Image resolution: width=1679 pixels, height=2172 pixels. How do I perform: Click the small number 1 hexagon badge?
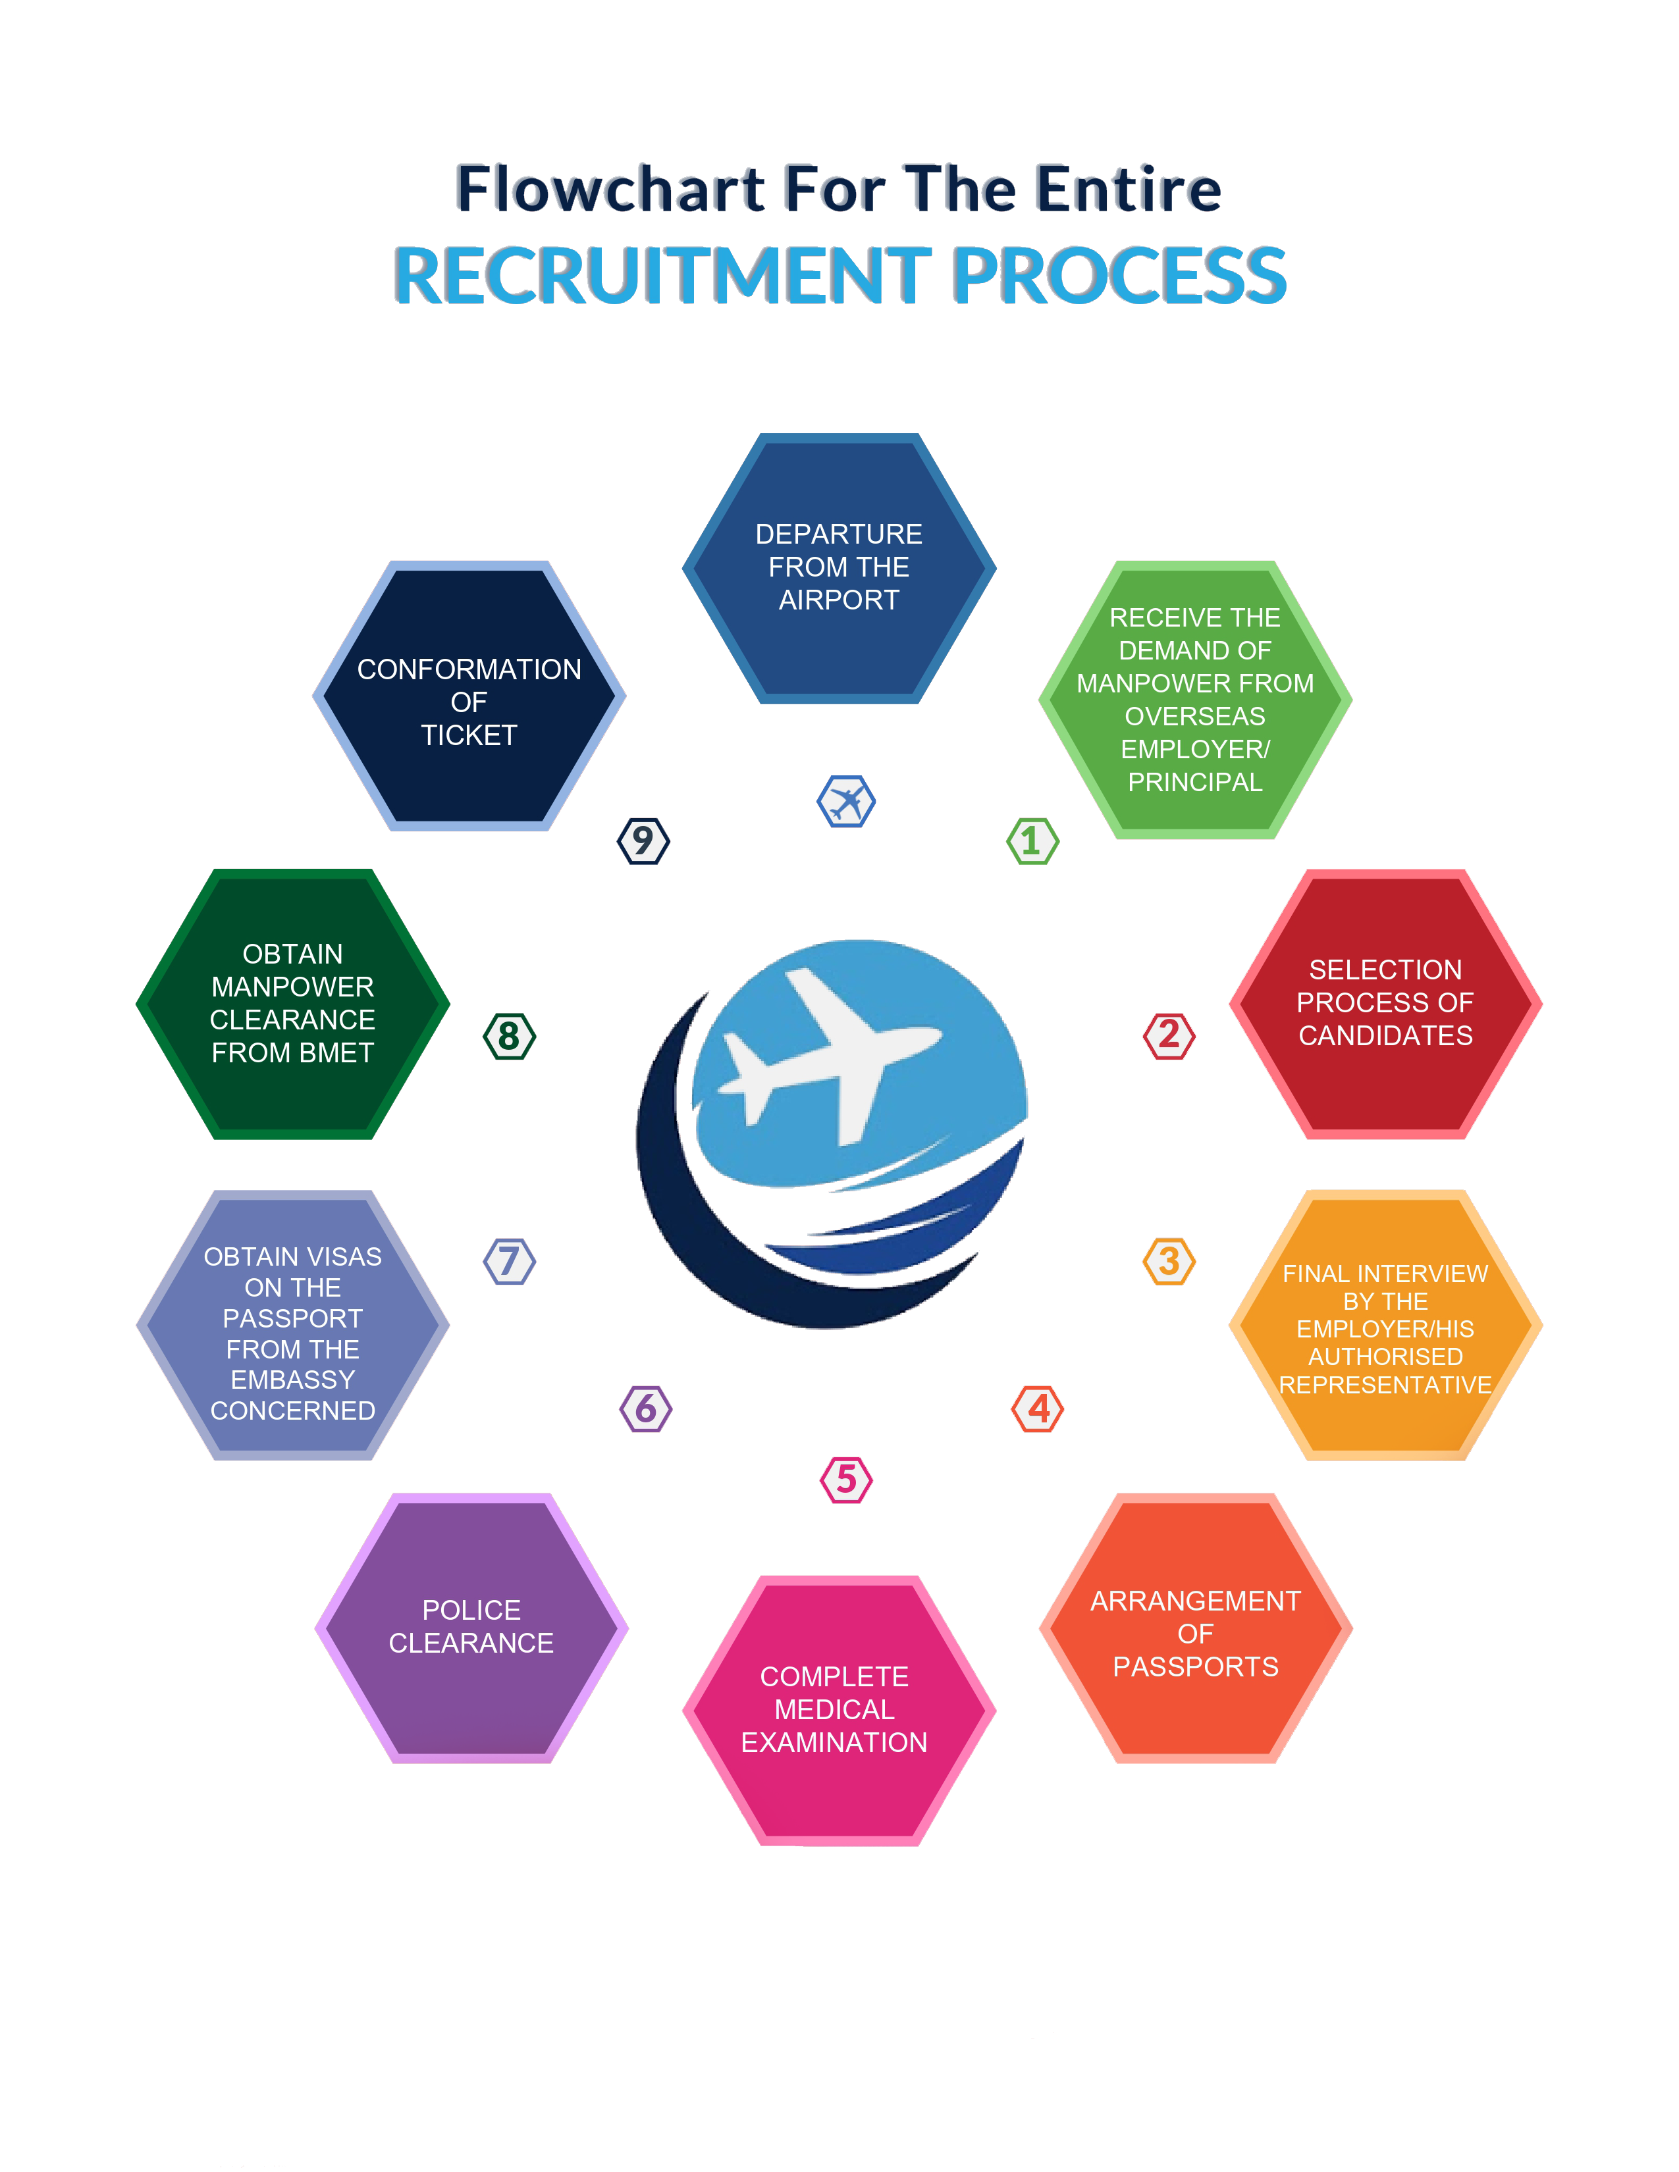tap(1032, 840)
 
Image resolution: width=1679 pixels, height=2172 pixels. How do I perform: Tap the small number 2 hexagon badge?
tap(1168, 1035)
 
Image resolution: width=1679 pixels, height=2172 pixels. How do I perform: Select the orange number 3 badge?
tap(1168, 1261)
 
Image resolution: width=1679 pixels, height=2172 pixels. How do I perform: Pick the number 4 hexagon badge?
tap(1038, 1409)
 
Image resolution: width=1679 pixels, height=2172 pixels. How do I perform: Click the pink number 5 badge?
tap(845, 1479)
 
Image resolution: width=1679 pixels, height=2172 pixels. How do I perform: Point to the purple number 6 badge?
tap(645, 1409)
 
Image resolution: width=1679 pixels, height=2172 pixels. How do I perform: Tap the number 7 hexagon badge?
tap(509, 1261)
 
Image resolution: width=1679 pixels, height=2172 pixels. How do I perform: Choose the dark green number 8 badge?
tap(509, 1035)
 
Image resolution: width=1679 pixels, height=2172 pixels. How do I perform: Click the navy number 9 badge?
tap(643, 840)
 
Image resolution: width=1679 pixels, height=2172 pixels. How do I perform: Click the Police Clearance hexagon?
tap(471, 1627)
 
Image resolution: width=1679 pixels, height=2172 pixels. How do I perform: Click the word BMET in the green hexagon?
tap(333, 1052)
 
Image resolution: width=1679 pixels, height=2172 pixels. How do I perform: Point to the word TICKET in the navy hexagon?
tap(469, 735)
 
